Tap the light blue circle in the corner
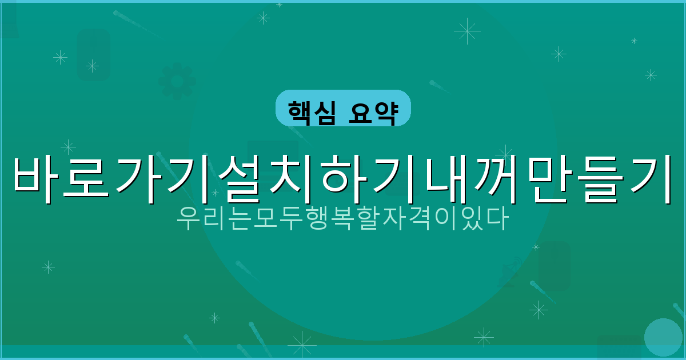(x=663, y=337)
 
